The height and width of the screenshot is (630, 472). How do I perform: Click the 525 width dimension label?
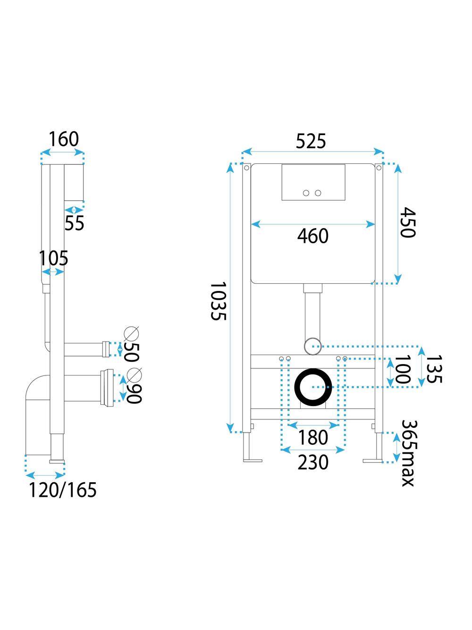311,141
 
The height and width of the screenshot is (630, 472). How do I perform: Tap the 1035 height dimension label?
218,301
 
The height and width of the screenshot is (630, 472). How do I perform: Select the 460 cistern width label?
312,236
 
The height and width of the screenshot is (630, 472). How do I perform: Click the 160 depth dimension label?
64,139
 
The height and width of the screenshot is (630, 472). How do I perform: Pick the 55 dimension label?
74,223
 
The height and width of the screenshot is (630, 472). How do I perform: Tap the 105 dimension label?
53,258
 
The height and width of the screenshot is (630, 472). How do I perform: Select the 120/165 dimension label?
63,490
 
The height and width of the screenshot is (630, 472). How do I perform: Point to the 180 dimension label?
313,437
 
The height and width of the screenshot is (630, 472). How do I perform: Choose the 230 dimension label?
313,462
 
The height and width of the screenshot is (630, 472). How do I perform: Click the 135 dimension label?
433,369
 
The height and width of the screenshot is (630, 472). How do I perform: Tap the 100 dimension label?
402,370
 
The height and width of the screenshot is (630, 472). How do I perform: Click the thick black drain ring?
313,387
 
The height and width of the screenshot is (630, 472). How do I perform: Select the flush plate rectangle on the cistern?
313,182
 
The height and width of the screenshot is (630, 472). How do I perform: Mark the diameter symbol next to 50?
131,334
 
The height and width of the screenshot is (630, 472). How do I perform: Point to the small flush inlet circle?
312,346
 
